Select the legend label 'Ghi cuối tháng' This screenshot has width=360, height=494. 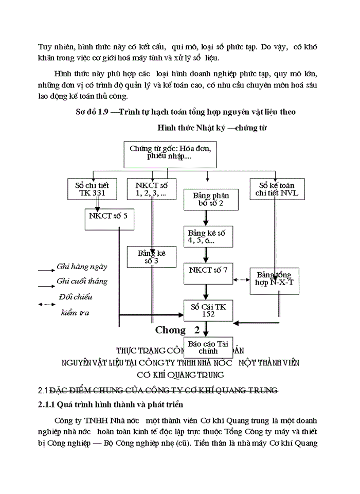pos(82,281)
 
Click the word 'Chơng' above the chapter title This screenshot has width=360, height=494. pos(170,330)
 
